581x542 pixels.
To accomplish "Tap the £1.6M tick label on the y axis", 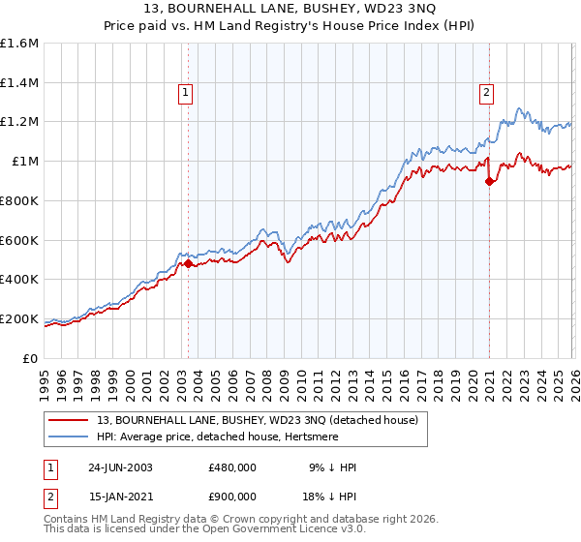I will pos(19,44).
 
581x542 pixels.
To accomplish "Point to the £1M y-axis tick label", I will pos(24,162).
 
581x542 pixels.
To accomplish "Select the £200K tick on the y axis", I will pos(19,318).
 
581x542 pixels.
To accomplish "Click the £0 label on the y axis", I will pos(31,358).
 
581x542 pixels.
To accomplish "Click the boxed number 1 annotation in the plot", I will pos(185,93).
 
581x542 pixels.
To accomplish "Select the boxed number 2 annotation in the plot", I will pos(486,93).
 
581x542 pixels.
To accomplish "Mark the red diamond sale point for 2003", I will pos(189,263).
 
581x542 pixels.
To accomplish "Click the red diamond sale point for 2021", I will pos(490,180).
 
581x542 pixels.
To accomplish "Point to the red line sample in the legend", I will pos(70,421).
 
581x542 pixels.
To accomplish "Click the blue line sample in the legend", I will pos(70,437).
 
